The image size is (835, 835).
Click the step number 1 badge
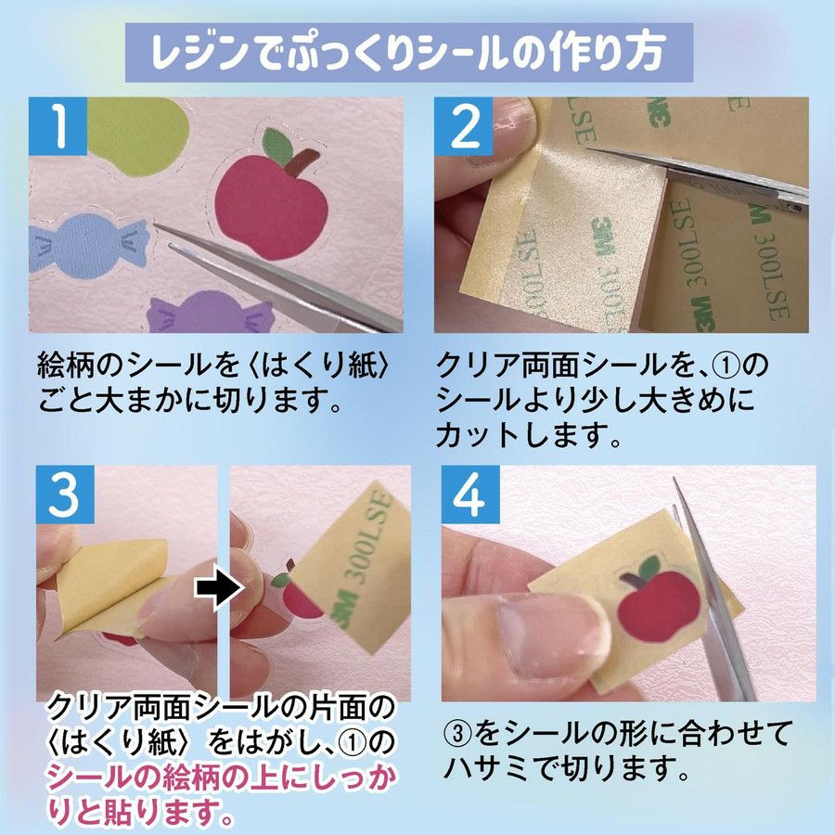(58, 126)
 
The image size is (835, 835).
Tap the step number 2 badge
(463, 126)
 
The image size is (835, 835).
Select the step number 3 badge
(65, 495)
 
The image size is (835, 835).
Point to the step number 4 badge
(470, 495)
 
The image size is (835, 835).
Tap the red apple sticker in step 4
(657, 600)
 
